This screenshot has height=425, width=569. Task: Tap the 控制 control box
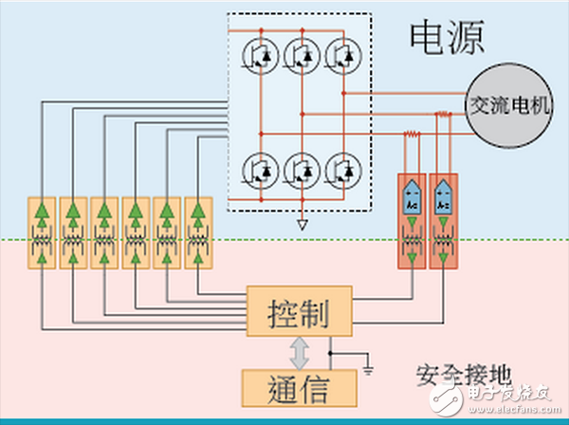(x=298, y=310)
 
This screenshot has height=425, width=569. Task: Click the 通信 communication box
(x=298, y=387)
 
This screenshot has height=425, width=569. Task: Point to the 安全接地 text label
(x=453, y=371)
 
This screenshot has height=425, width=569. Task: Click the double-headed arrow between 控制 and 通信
(x=300, y=351)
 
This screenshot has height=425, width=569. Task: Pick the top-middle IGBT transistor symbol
(x=301, y=56)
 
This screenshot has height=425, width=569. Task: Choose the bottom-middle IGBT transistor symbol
(x=301, y=170)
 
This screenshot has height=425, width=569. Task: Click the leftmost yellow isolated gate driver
(x=42, y=232)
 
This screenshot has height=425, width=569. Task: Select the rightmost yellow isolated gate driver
(x=197, y=232)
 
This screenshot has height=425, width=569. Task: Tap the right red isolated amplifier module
(x=443, y=221)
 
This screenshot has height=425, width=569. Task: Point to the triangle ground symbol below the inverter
(x=302, y=226)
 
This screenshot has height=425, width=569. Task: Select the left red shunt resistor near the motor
(x=412, y=136)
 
